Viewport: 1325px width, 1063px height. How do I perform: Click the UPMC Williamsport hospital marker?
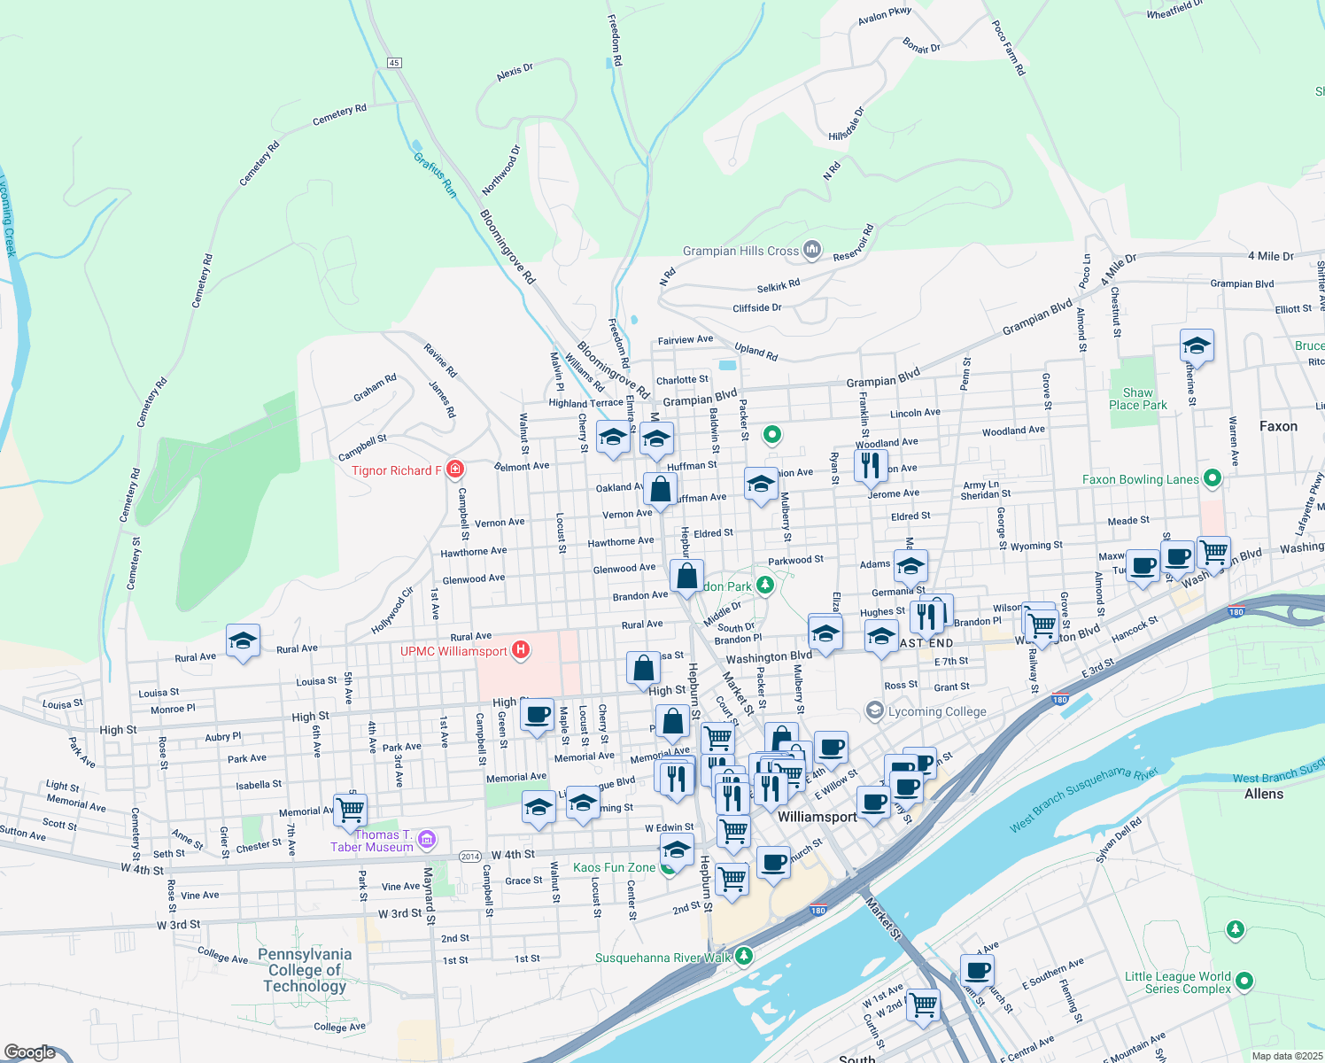coord(521,651)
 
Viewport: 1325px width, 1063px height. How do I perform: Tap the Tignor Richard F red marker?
coord(455,469)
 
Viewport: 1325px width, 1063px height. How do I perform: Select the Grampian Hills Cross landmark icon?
coord(812,251)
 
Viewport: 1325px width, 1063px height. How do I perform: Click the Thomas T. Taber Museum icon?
coord(427,838)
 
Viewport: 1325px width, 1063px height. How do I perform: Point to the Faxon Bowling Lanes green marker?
coord(1213,478)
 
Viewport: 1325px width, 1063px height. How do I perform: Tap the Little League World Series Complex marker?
coord(1244,981)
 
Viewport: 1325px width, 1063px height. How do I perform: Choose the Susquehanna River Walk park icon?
coord(744,957)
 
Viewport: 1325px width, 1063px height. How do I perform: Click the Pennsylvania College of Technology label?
coord(305,970)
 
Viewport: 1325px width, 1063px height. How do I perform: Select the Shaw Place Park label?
coord(1138,399)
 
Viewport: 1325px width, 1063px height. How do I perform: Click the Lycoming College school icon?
coord(875,710)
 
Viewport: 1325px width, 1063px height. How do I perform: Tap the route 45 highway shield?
coord(394,62)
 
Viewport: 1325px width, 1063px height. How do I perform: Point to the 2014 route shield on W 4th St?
coord(470,856)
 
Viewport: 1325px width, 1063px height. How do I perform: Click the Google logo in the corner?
coord(30,1051)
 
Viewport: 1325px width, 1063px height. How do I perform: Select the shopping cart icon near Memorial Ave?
coord(351,808)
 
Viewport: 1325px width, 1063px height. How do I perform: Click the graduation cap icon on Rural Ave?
coord(242,640)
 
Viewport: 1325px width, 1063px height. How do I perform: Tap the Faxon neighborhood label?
coord(1278,426)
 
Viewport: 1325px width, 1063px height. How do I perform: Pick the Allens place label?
coord(1263,794)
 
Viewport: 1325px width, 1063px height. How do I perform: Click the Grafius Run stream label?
coord(435,175)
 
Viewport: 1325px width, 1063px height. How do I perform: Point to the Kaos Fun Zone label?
coord(614,867)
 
